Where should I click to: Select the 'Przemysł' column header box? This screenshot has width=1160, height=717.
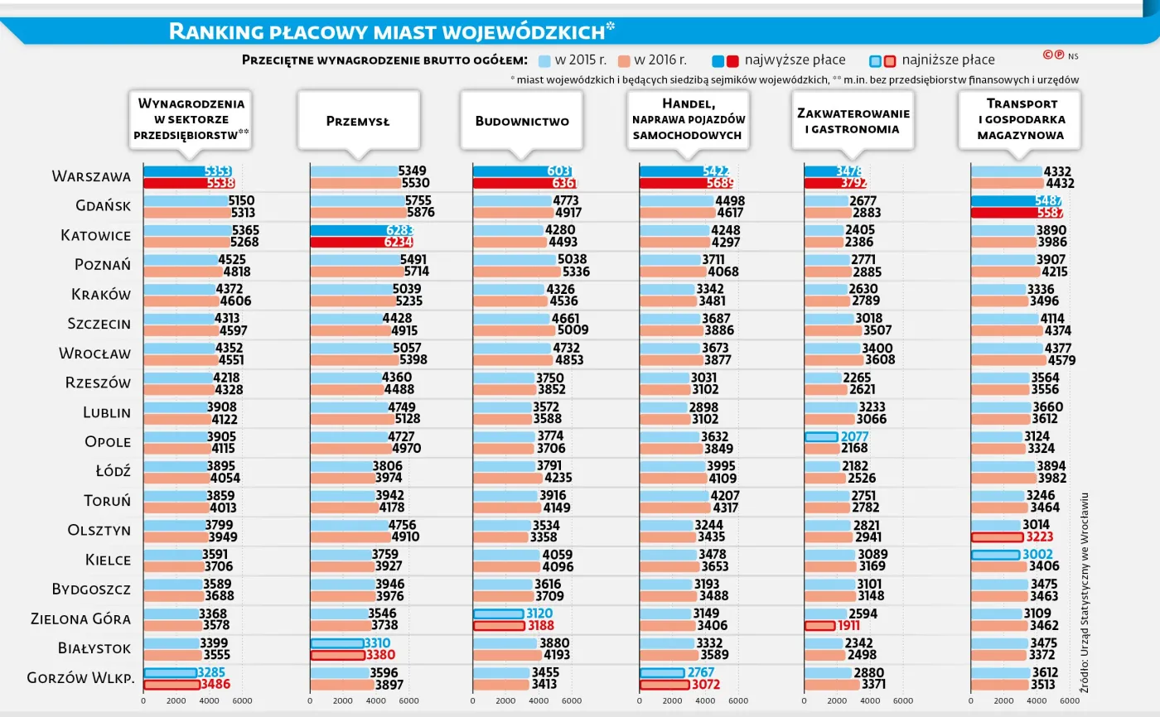(x=358, y=121)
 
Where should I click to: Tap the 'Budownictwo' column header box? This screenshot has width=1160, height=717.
(x=522, y=121)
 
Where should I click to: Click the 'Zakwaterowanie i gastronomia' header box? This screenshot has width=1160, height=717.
(x=853, y=121)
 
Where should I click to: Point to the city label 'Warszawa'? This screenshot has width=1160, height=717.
(x=91, y=176)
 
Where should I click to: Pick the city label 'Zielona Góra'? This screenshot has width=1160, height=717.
(x=80, y=618)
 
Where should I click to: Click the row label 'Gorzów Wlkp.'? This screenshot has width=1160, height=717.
(x=80, y=677)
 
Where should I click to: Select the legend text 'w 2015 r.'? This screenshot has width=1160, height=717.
(x=581, y=60)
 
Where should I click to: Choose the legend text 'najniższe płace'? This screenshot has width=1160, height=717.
(x=948, y=60)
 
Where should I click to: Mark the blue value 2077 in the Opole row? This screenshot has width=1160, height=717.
(x=854, y=436)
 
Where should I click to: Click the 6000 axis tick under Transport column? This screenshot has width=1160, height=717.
(x=1069, y=700)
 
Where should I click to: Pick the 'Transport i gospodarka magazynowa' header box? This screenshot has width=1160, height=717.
(x=1020, y=121)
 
